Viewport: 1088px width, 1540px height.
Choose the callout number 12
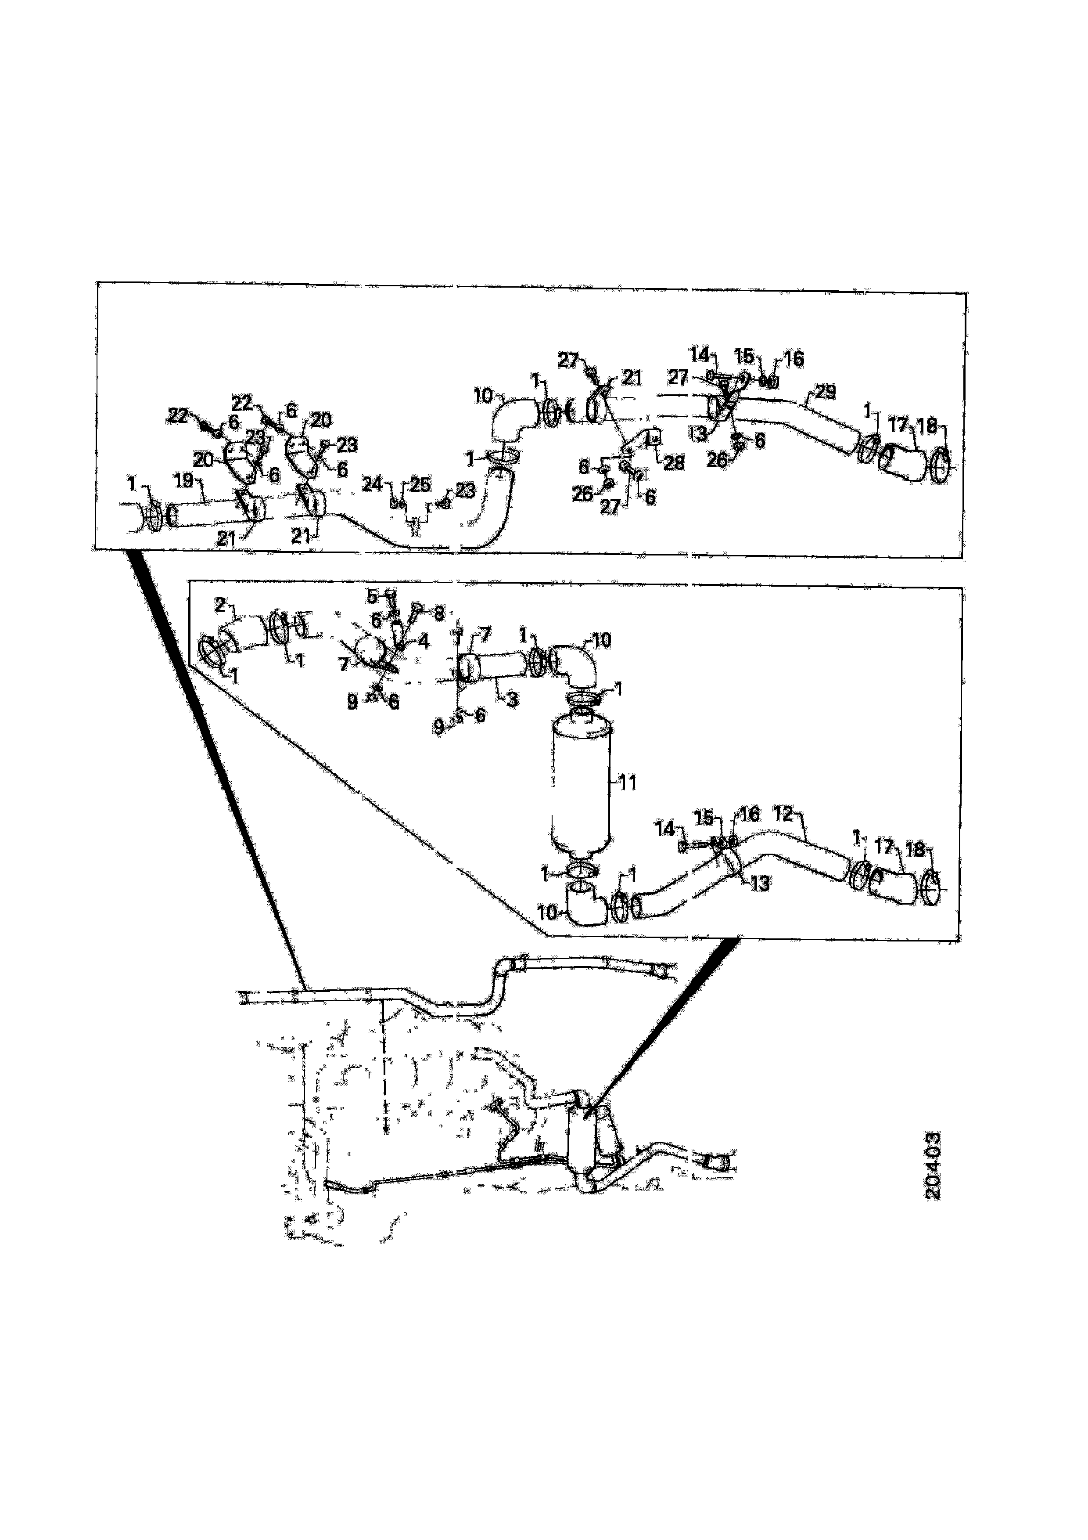tap(783, 814)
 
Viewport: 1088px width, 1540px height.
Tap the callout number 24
tap(373, 484)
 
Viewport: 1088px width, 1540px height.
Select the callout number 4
tap(423, 641)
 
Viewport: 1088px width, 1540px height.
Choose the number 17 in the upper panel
tap(898, 425)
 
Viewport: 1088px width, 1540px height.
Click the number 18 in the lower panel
tap(915, 849)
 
